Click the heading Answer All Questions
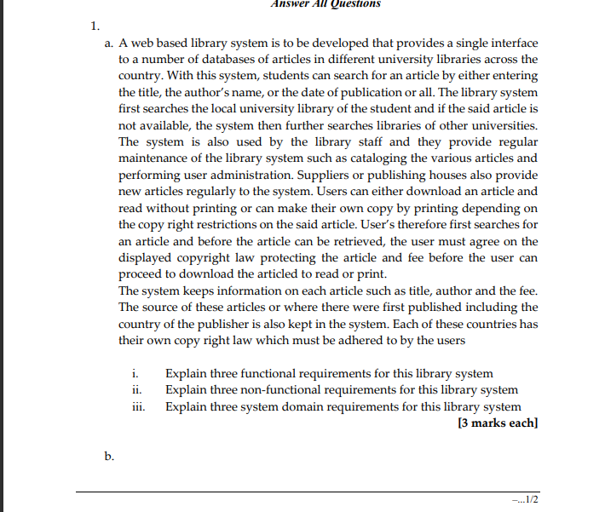click(x=326, y=4)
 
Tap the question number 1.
click(x=95, y=25)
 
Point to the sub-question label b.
click(x=110, y=457)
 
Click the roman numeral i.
click(x=135, y=374)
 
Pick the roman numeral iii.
click(x=138, y=406)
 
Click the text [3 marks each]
click(x=498, y=423)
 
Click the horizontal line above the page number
click(x=308, y=492)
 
